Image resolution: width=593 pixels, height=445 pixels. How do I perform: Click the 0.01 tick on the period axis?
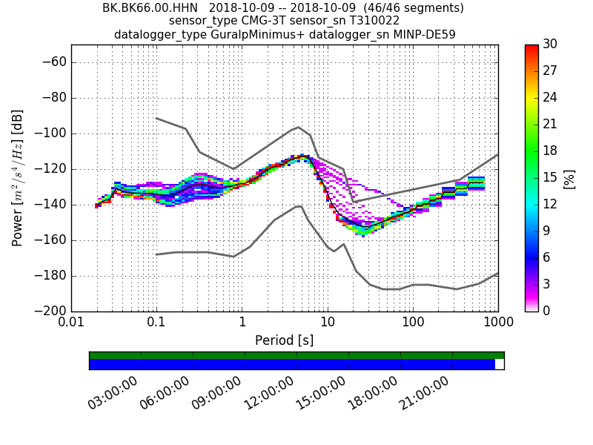point(71,323)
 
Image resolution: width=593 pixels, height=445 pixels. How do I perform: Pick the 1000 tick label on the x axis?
point(498,323)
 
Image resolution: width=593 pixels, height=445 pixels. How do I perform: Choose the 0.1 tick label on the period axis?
point(156,323)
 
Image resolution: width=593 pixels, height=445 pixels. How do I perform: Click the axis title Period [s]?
point(285,340)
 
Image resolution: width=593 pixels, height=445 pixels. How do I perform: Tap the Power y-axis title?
point(18,178)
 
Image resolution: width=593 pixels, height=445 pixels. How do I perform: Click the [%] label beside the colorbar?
point(569,178)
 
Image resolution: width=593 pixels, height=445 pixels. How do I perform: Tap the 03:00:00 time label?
point(113,393)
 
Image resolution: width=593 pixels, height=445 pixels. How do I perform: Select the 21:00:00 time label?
point(424,393)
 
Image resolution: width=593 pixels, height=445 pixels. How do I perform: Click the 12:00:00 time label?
point(268,393)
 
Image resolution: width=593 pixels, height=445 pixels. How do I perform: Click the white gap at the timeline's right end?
point(500,364)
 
